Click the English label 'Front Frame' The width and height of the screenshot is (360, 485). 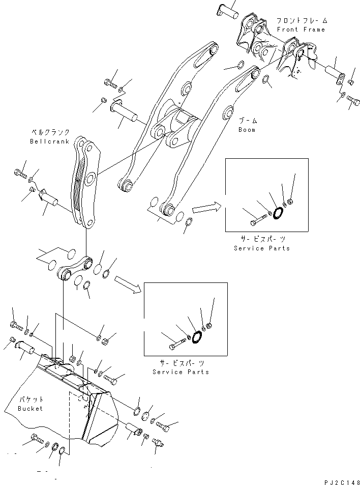click(301, 30)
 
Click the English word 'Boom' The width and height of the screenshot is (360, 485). click(247, 130)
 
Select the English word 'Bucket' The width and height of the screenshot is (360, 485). click(31, 408)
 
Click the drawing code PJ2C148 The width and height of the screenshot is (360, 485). click(340, 479)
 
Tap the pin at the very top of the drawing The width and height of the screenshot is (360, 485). click(229, 7)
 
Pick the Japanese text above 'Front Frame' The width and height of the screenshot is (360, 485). click(302, 21)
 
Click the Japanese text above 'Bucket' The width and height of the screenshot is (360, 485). click(31, 400)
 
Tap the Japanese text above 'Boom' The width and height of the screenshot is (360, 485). click(248, 121)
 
